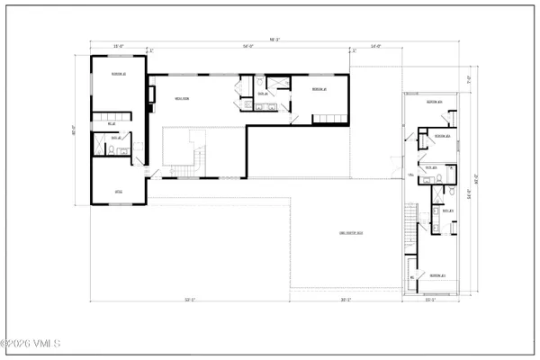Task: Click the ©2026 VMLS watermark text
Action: pyautogui.click(x=31, y=343)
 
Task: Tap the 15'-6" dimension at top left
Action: pyautogui.click(x=117, y=46)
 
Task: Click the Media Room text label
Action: pyautogui.click(x=181, y=99)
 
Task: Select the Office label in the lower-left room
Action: pyautogui.click(x=118, y=193)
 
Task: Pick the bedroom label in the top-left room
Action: pyautogui.click(x=117, y=73)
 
